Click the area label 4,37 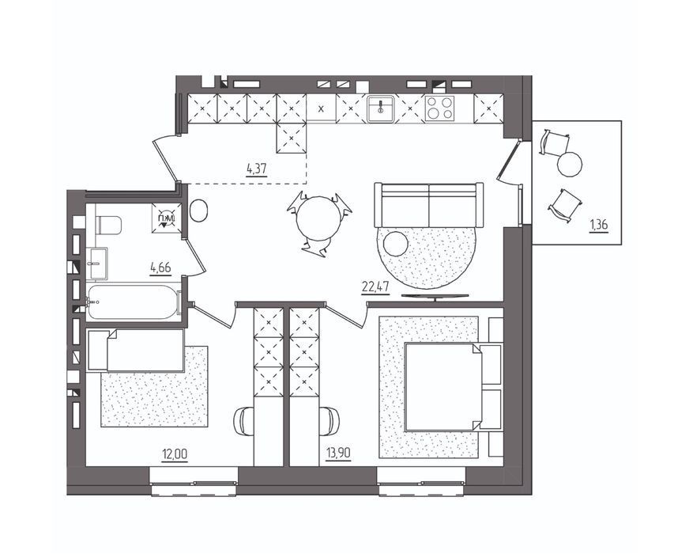[256, 169]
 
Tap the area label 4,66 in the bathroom [160, 268]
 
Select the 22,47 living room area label [375, 287]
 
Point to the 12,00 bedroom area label [175, 454]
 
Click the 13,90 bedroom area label [338, 453]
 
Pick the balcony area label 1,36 [598, 226]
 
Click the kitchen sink [380, 108]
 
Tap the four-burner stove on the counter [439, 108]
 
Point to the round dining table [318, 218]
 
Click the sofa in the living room [429, 205]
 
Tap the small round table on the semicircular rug [396, 244]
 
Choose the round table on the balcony [570, 165]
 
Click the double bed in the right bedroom [454, 387]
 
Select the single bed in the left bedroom [136, 351]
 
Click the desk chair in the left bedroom [243, 421]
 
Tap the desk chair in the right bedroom [329, 421]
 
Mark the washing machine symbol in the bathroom [167, 218]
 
